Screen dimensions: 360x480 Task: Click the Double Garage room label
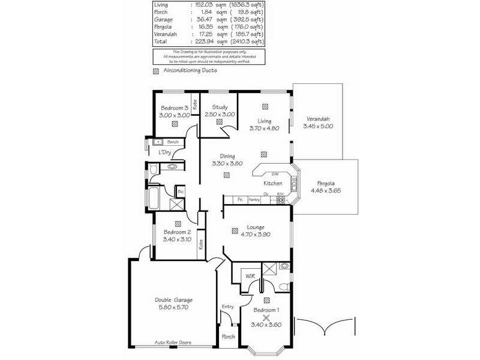click(173, 299)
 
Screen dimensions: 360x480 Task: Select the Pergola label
click(326, 184)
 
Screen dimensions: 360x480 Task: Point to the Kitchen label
click(273, 183)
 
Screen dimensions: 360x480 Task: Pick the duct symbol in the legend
click(156, 71)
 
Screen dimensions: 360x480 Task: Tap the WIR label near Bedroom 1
click(249, 277)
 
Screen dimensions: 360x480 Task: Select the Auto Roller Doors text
click(176, 343)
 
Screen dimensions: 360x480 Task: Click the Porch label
click(229, 337)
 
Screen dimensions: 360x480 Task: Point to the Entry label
click(227, 307)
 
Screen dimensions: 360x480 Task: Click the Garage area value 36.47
click(203, 20)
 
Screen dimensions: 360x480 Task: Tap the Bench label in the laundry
click(173, 142)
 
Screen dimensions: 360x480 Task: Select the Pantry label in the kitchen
click(254, 199)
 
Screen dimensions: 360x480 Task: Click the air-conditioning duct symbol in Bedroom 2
click(178, 222)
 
